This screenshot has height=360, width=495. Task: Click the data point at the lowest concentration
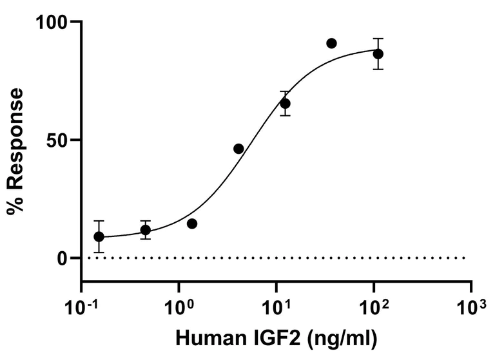tap(99, 236)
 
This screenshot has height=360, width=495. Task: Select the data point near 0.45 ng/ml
tap(146, 230)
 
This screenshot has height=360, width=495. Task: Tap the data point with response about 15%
tap(191, 223)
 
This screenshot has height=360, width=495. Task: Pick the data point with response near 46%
tap(238, 149)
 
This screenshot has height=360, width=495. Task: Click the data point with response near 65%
tap(285, 104)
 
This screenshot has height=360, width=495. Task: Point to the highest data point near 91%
tap(331, 43)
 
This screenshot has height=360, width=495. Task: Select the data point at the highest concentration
tap(378, 53)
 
